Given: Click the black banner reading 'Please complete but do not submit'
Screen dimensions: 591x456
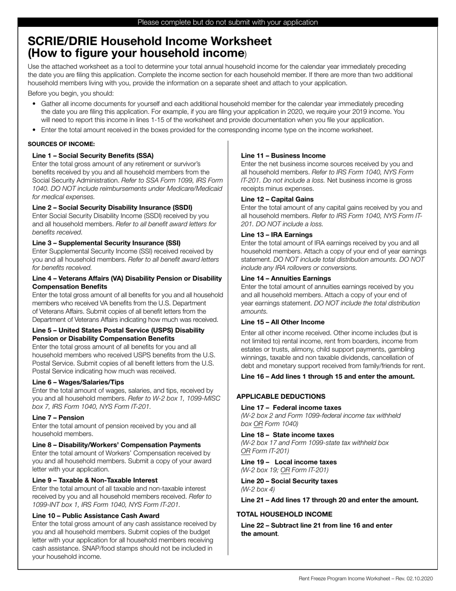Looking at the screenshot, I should coord(228,22).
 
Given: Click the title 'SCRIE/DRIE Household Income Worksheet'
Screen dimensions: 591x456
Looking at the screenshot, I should coord(150,41).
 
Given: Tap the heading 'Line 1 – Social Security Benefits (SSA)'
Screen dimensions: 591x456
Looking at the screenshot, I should coord(93,156).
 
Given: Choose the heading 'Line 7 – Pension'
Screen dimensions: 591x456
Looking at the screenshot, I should coord(58,418).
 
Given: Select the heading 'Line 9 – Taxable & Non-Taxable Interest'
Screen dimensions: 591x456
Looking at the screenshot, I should coord(95,480).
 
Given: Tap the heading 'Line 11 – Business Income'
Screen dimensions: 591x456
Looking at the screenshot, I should coord(283,156).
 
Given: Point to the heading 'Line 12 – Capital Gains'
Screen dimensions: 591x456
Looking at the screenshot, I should coord(277,199).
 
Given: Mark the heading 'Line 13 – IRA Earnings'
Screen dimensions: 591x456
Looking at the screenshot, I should coord(276,234).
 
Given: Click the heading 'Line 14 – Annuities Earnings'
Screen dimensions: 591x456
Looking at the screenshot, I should coord(286,278).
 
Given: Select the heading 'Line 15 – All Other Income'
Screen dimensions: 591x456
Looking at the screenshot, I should coord(283,322).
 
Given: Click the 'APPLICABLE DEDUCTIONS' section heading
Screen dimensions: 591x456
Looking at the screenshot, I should coord(281,396).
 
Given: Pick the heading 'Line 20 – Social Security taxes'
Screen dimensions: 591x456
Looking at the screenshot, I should coord(289,481).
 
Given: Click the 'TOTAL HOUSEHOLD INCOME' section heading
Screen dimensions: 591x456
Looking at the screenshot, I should coord(284,514).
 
